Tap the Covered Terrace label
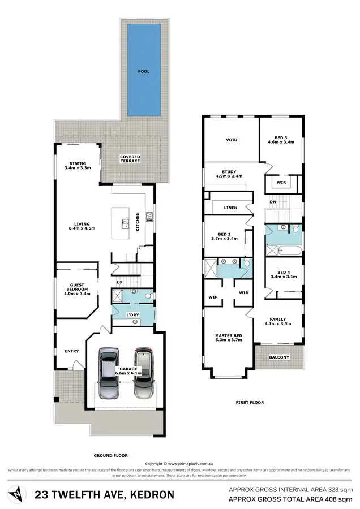[x=130, y=159]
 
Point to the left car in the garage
[x=109, y=373]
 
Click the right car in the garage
[x=143, y=373]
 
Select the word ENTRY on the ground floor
[x=72, y=351]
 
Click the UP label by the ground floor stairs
[x=119, y=282]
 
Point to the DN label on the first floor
[x=272, y=202]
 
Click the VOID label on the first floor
[x=232, y=140]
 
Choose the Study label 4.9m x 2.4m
[x=229, y=174]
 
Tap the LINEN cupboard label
[x=230, y=208]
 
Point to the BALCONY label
[x=279, y=357]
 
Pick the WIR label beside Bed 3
[x=281, y=182]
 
